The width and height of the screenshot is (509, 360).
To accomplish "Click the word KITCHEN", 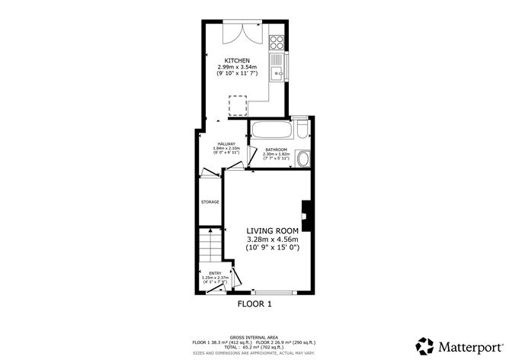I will (x=236, y=60).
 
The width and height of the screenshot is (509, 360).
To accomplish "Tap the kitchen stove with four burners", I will (x=277, y=43).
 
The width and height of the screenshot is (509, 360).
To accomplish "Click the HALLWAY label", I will (x=226, y=143).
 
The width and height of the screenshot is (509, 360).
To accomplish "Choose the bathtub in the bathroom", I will (x=271, y=130).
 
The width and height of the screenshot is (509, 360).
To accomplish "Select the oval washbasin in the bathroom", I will (x=303, y=159).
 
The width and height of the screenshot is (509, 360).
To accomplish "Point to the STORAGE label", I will (x=210, y=202).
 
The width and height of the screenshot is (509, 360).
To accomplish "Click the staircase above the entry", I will (x=209, y=246).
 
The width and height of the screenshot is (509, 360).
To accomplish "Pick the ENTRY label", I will (x=216, y=272).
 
